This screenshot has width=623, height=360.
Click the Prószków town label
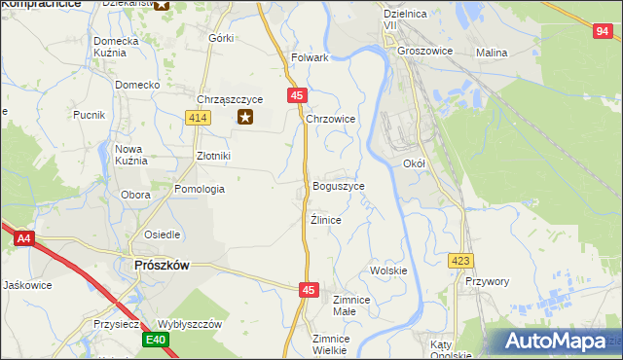pos(161,264)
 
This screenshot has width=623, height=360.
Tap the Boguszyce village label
pos(339,185)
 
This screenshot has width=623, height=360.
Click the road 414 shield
pos(198,118)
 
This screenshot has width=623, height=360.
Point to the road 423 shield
pos(461,261)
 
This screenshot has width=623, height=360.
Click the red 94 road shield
pos(602,32)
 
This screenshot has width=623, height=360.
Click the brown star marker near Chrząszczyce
pos(246,118)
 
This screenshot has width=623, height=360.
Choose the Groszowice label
pos(426,52)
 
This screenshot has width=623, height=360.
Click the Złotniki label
pos(212,155)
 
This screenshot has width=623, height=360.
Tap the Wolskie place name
pos(388,270)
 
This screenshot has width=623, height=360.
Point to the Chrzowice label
pos(330,119)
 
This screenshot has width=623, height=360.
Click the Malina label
pos(492,53)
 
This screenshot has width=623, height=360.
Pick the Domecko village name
pos(137,85)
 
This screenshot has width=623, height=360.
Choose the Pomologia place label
pos(199,189)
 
